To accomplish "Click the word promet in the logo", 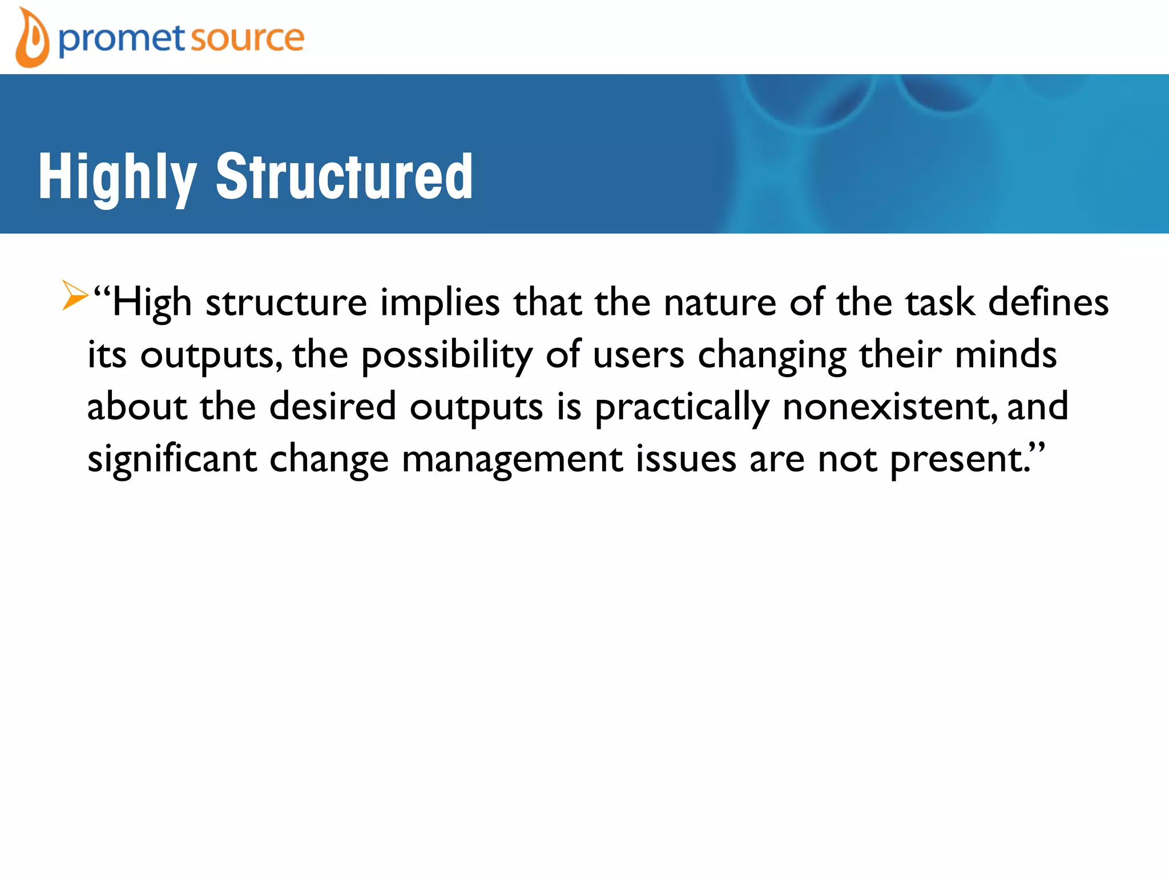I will (122, 39).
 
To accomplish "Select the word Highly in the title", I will (118, 177).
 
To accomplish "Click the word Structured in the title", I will (344, 177).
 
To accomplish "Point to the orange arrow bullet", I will (75, 295).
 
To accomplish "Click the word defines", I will (1048, 302).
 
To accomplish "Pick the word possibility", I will (446, 355).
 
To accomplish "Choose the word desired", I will (332, 406).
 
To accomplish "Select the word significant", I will (172, 460).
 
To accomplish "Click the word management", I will (512, 460).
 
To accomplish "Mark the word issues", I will (686, 459).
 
